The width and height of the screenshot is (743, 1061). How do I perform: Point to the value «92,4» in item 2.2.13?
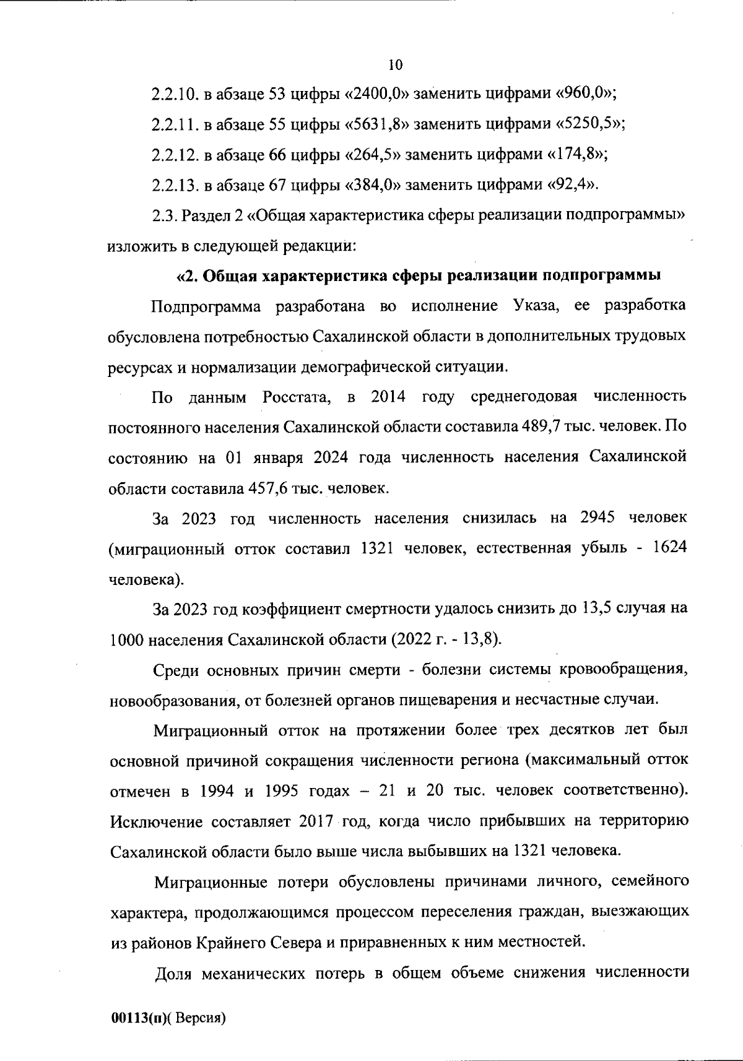(x=571, y=185)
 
